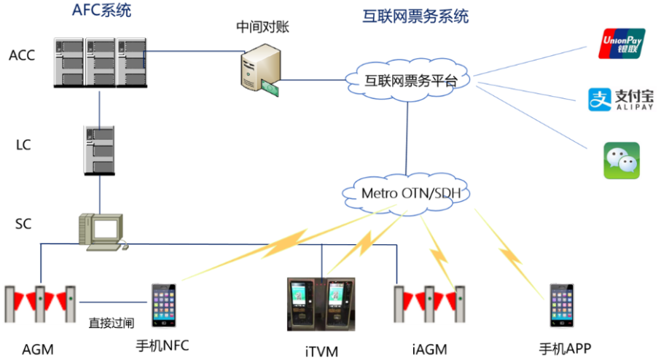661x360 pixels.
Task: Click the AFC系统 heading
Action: pyautogui.click(x=102, y=10)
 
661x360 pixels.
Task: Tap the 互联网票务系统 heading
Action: pyautogui.click(x=415, y=16)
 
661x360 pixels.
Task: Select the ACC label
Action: pyautogui.click(x=22, y=55)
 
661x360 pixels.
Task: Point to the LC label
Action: pyautogui.click(x=23, y=145)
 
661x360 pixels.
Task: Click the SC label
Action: pyautogui.click(x=23, y=224)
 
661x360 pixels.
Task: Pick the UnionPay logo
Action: pyautogui.click(x=621, y=44)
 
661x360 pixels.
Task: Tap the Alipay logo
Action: pyautogui.click(x=621, y=101)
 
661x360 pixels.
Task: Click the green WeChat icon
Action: pyautogui.click(x=621, y=160)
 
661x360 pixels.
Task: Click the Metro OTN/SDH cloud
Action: pyautogui.click(x=406, y=193)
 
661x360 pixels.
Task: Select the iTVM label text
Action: pyautogui.click(x=321, y=352)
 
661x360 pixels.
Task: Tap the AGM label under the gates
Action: pyautogui.click(x=37, y=349)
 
